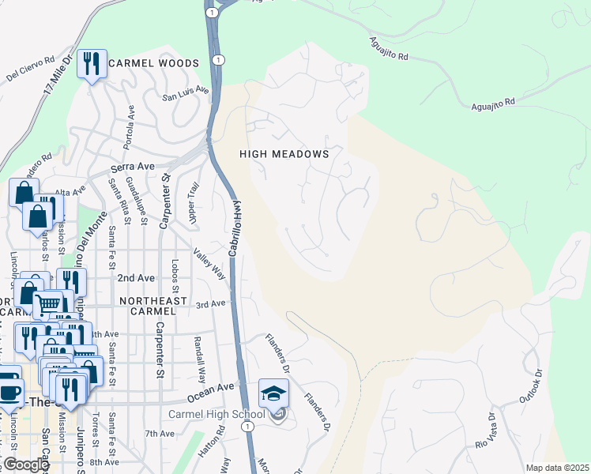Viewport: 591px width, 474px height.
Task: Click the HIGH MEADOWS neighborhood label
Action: click(284, 154)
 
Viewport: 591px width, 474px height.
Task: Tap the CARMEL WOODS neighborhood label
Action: click(154, 62)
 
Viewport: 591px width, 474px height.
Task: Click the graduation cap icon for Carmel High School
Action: click(273, 393)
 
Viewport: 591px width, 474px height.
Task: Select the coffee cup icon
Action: click(8, 391)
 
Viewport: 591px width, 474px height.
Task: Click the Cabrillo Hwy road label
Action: click(235, 226)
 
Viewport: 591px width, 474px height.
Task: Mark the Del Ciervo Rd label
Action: click(30, 68)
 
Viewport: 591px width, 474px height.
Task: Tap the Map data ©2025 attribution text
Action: click(556, 468)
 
